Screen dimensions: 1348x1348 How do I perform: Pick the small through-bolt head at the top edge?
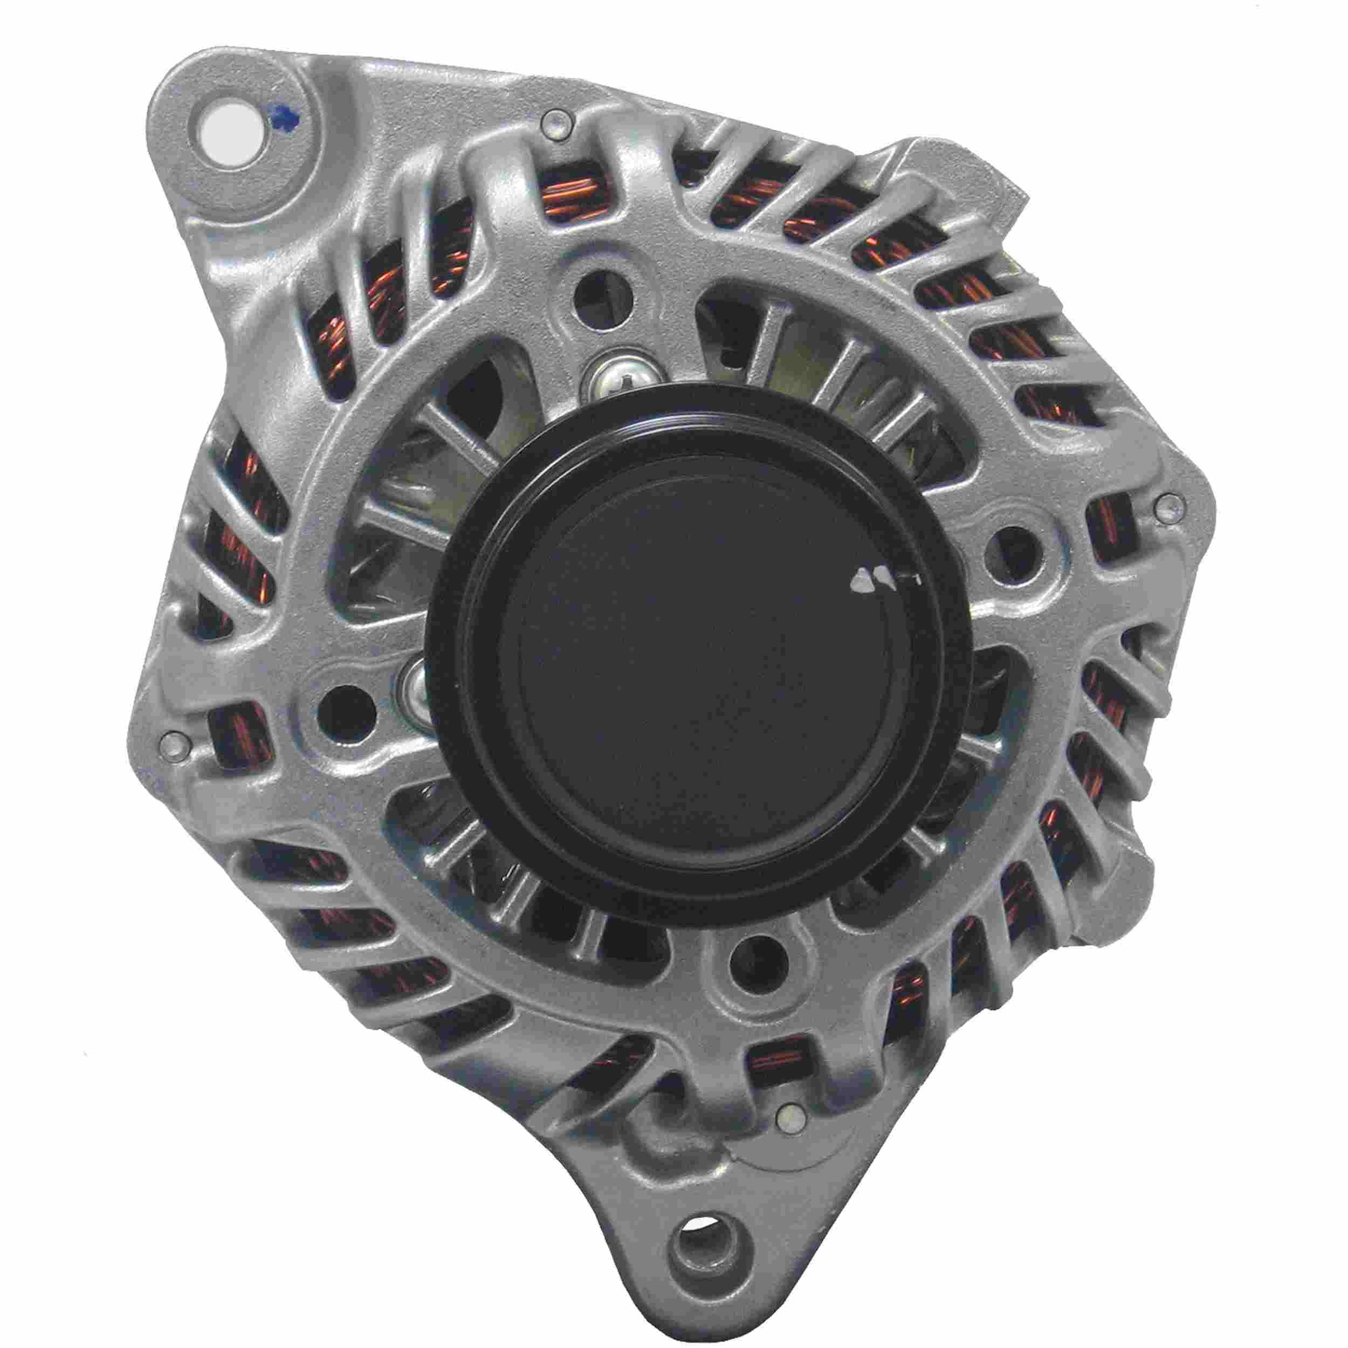pos(558,124)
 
